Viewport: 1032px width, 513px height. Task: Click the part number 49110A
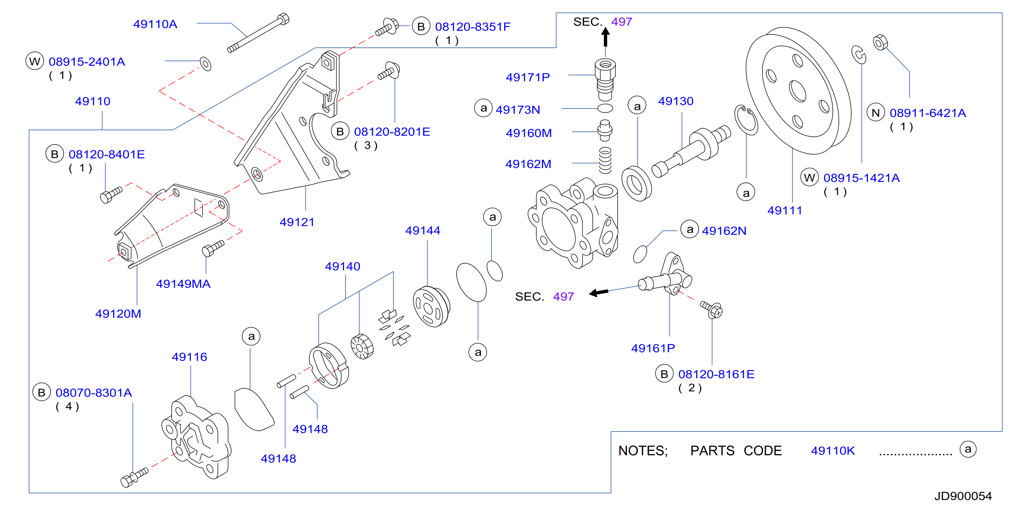[x=155, y=24]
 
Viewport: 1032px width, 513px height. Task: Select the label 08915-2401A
[x=87, y=62]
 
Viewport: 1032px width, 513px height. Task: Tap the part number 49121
[x=297, y=222]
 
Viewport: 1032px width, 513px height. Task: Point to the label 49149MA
[x=183, y=284]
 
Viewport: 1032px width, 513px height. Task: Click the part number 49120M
[x=118, y=314]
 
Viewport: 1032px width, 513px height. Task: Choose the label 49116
[x=189, y=357]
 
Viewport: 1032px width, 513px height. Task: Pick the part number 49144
[x=423, y=231]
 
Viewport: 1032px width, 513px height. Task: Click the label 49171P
[x=528, y=77]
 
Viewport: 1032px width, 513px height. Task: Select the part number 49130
[x=676, y=101]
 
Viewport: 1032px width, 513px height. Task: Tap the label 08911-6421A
[x=928, y=113]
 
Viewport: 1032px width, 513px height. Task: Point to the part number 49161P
[x=653, y=348]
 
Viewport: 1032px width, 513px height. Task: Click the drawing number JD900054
[x=963, y=496]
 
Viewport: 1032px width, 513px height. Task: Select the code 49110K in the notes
[x=833, y=451]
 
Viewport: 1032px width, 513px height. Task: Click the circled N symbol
[x=876, y=113]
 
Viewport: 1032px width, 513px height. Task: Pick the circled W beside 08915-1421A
[x=809, y=178]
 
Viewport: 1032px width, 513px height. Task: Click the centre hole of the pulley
[x=797, y=91]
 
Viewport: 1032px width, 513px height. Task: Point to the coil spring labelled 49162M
[x=605, y=160]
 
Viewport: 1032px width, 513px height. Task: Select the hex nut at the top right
[x=881, y=43]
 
